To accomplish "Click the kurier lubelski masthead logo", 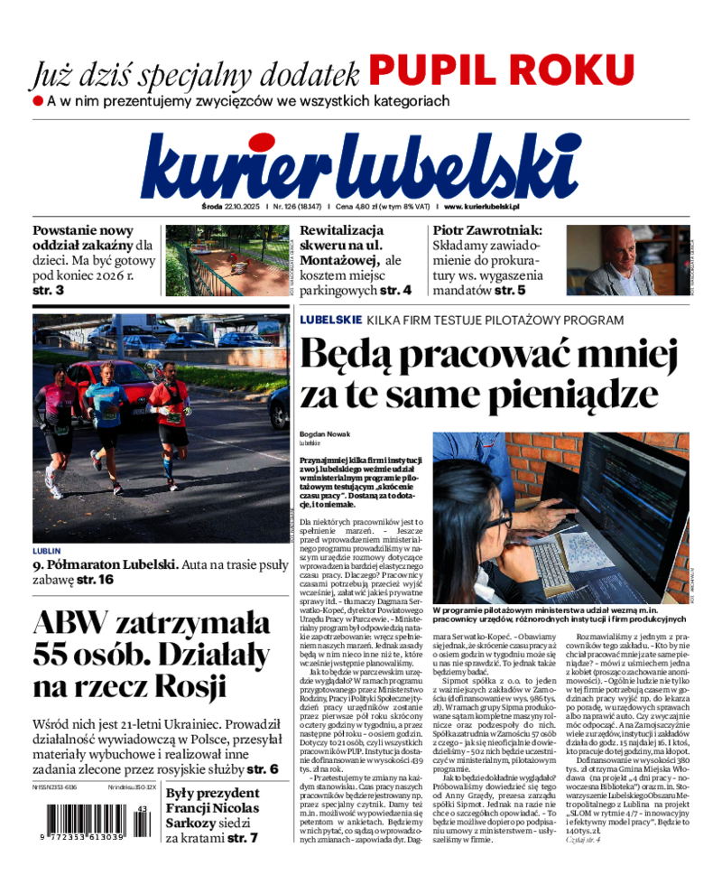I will point(360,167).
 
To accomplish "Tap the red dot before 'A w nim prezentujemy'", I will point(38,100).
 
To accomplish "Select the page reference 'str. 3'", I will point(48,291).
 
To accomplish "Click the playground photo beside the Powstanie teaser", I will point(226,261).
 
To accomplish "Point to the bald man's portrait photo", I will point(625,261).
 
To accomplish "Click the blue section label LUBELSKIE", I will point(331,320).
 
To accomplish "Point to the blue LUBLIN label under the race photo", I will point(46,550).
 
